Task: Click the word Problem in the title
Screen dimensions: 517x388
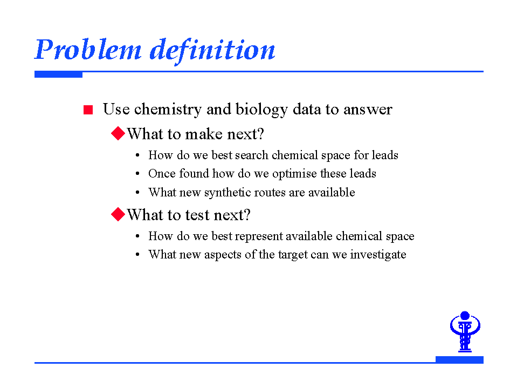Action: click(88, 50)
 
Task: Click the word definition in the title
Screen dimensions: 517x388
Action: click(212, 51)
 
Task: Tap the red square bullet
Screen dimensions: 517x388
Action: click(88, 110)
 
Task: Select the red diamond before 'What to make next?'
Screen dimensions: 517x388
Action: click(118, 133)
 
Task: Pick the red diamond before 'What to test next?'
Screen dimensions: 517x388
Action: click(118, 214)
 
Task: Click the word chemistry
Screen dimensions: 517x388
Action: click(168, 110)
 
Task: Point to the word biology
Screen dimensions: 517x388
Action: click(261, 110)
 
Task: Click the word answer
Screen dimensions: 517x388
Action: click(368, 110)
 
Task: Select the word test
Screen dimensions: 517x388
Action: click(197, 215)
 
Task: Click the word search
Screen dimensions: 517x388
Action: click(252, 155)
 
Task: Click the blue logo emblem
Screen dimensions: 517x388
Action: click(465, 331)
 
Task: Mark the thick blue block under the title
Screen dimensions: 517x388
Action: click(58, 74)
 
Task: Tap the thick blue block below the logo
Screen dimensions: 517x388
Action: click(459, 359)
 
